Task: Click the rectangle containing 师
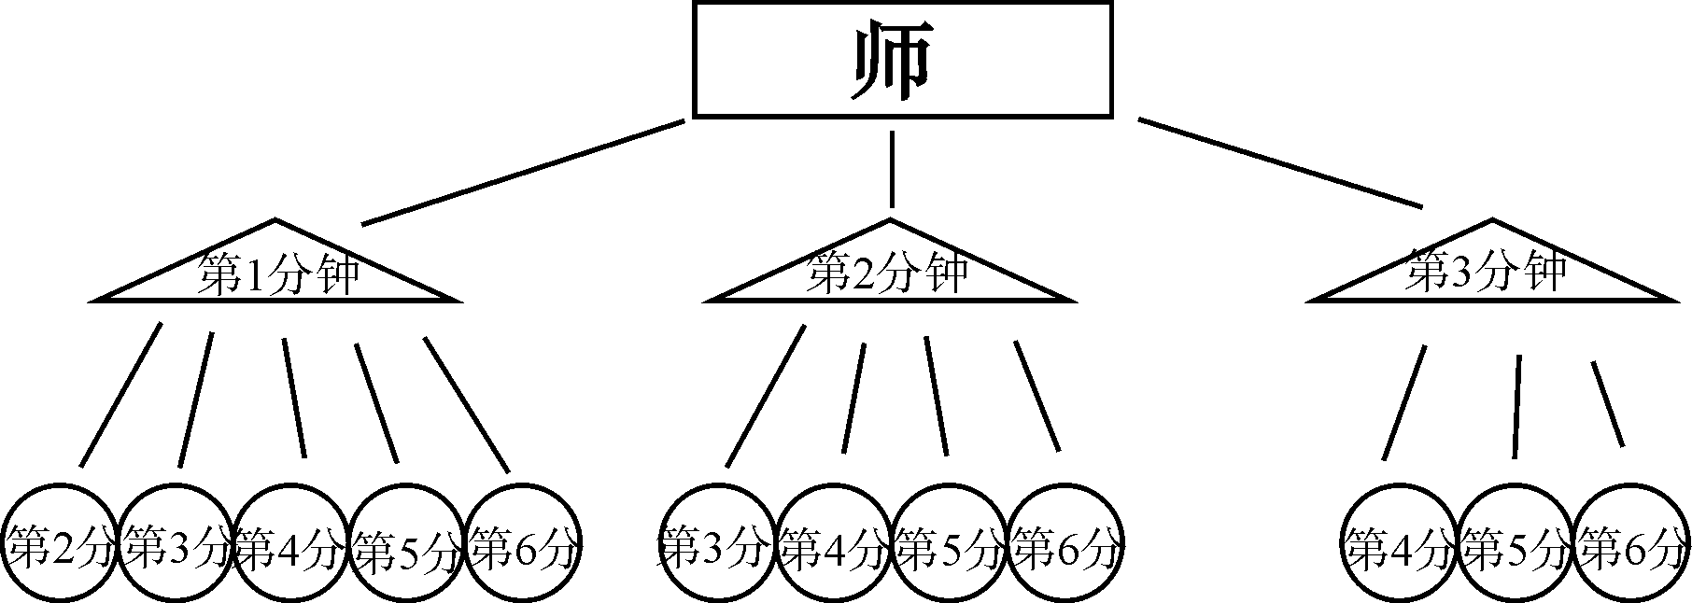coord(902,59)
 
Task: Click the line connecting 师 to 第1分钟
coord(523,173)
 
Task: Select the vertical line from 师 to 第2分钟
coord(892,168)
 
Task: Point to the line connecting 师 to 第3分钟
coord(1279,162)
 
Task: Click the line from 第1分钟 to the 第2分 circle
coord(120,394)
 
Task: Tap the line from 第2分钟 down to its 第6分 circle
coord(1037,396)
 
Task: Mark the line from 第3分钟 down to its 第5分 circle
coord(1517,406)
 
